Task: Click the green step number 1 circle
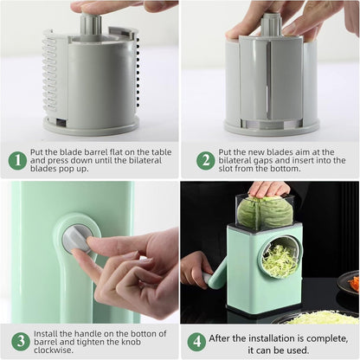(x=17, y=160)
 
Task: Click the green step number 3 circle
(x=17, y=340)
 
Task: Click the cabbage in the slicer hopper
(x=266, y=212)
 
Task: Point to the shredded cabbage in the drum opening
(x=280, y=259)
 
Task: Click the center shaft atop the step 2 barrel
(x=271, y=23)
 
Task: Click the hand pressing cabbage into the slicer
(x=270, y=189)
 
